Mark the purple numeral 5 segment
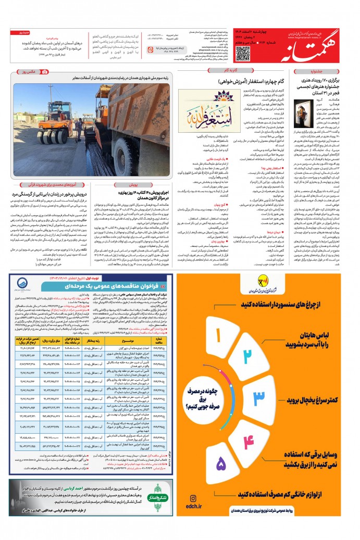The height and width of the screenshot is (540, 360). pyautogui.click(x=221, y=463)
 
